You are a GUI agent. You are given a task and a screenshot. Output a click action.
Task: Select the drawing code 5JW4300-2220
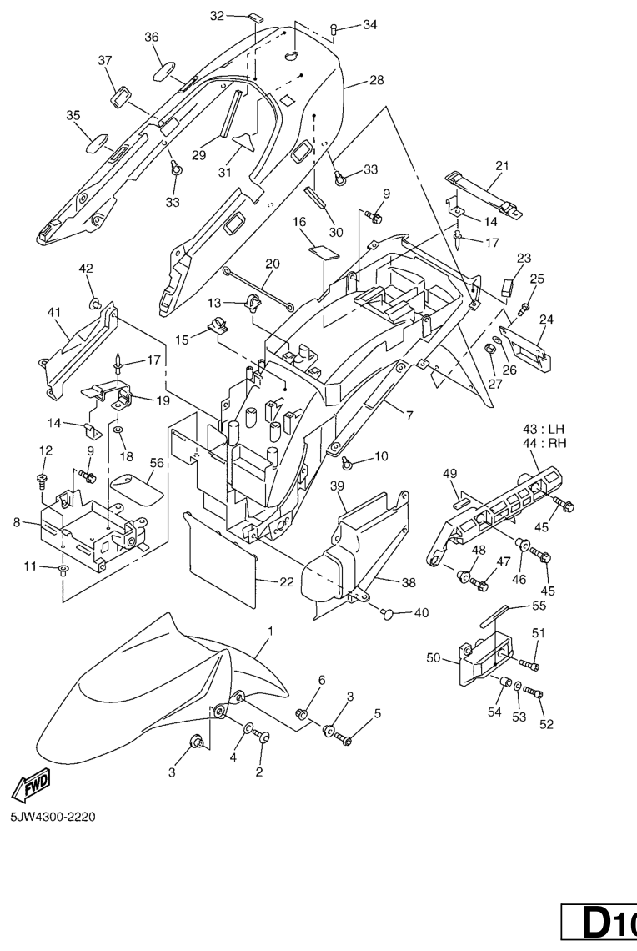(x=53, y=817)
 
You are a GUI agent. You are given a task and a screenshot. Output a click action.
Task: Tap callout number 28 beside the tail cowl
(x=376, y=80)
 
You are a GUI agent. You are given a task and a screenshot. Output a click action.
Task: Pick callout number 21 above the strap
(x=501, y=166)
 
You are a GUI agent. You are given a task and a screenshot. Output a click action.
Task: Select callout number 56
(x=156, y=462)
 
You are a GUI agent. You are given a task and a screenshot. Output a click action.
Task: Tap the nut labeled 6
(x=304, y=713)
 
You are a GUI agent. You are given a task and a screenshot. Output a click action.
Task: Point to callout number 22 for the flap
(x=286, y=582)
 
